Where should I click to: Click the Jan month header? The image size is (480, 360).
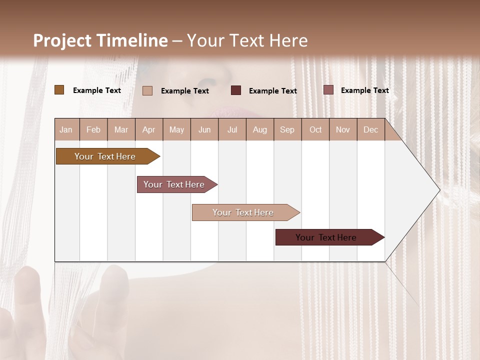(x=66, y=130)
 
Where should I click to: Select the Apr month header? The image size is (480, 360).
(x=149, y=130)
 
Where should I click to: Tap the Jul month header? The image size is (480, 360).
(x=232, y=130)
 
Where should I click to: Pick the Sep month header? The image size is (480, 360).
(x=287, y=130)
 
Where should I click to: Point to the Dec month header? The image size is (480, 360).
(x=370, y=130)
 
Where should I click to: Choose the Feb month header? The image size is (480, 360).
(x=93, y=130)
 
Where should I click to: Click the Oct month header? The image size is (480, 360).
(x=315, y=130)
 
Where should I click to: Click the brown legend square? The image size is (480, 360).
(x=59, y=90)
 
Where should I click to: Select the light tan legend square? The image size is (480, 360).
(x=147, y=90)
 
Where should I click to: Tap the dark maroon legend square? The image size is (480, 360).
(x=236, y=90)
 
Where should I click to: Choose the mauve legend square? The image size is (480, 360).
(x=328, y=90)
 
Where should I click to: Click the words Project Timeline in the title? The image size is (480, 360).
(x=100, y=40)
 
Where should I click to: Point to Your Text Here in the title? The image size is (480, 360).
(x=247, y=40)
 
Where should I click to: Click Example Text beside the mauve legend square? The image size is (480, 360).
(x=364, y=90)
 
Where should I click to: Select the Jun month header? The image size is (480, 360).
(x=204, y=130)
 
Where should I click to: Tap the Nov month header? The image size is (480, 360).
(x=343, y=130)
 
